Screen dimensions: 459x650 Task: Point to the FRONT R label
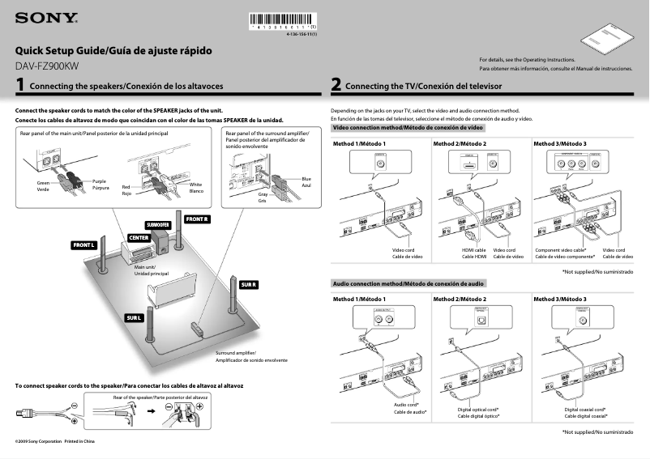tap(197, 219)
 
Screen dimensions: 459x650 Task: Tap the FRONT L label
tap(84, 244)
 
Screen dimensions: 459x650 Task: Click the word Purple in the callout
tap(99, 181)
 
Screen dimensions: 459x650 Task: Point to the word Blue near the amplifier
tap(306, 179)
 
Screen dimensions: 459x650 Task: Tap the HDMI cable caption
tap(474, 250)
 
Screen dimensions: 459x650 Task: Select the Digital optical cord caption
tap(478, 410)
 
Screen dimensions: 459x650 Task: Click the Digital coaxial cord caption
tap(586, 410)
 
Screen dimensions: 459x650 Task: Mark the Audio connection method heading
tap(409, 284)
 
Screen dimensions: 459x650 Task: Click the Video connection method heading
tap(408, 128)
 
